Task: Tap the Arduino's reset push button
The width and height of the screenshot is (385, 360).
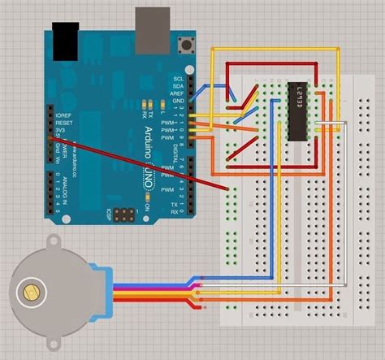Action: (190, 42)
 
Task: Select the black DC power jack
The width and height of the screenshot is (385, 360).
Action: (65, 37)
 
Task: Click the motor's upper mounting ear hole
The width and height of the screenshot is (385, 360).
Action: (54, 241)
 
